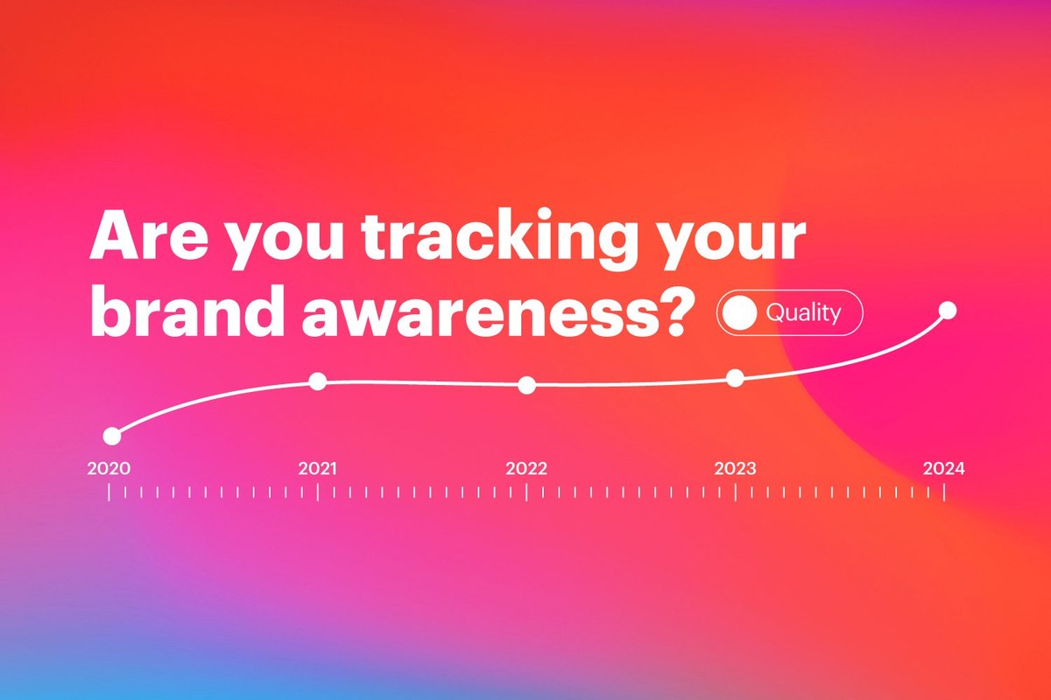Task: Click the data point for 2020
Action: click(112, 436)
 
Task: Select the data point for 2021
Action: click(318, 381)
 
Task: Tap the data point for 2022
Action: click(526, 385)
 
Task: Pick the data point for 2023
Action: click(735, 378)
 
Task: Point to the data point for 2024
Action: click(948, 311)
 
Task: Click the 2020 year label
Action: click(109, 468)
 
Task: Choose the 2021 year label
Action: click(318, 468)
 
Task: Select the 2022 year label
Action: click(526, 468)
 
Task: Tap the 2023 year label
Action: click(735, 468)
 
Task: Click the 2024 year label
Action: click(944, 468)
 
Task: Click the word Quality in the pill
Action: click(803, 312)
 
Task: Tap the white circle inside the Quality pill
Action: click(739, 312)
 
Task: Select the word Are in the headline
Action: click(149, 236)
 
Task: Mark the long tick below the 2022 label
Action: click(526, 492)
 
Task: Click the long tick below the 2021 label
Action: click(318, 492)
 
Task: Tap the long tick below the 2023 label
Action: click(735, 492)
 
